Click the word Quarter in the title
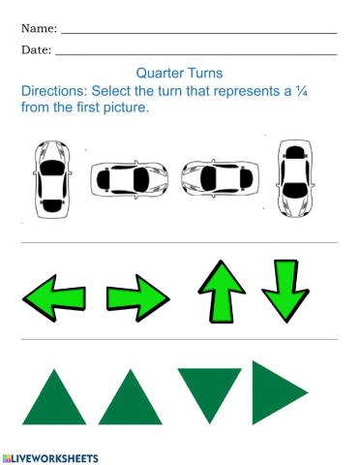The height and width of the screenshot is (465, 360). point(159,73)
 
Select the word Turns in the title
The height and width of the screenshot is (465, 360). point(204,73)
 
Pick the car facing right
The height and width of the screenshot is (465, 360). point(129,179)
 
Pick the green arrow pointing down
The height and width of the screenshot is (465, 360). point(285,290)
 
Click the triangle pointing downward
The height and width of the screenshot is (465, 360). point(209,391)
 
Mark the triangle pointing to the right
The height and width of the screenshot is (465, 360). point(276,391)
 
